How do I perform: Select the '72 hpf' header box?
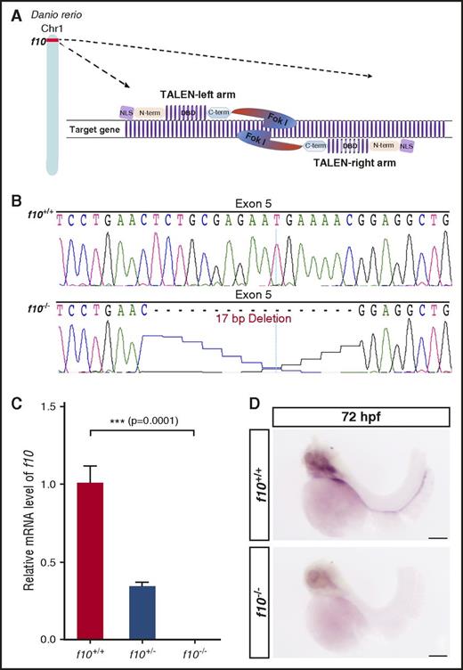[x=360, y=417]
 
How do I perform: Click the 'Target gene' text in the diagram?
[x=95, y=130]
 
